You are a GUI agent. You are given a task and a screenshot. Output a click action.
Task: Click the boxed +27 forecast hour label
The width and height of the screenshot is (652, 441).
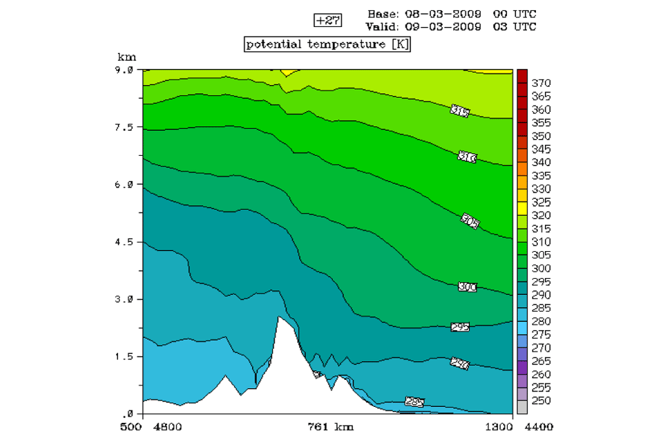point(327,20)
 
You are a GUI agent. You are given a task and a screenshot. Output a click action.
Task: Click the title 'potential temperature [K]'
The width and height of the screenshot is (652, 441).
point(327,44)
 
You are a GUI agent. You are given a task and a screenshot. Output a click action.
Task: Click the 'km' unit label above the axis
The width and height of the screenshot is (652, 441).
point(123,58)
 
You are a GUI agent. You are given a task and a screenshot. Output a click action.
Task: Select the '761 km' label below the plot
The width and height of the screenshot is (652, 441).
point(330,426)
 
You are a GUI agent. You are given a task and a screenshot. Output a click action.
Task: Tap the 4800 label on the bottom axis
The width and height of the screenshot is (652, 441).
point(169,426)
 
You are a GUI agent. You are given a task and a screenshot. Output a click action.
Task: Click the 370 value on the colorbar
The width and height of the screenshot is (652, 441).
point(542,84)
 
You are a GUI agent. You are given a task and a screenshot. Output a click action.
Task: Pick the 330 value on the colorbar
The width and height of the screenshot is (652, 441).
point(542,189)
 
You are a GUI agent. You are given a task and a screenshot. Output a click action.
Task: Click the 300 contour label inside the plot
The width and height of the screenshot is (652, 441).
point(467,286)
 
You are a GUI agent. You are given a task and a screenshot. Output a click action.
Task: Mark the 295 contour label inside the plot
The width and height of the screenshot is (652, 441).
point(460,327)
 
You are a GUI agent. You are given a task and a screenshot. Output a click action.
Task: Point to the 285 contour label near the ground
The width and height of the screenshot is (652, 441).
point(415,402)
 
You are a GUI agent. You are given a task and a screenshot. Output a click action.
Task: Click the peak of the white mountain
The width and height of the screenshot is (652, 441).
point(279,317)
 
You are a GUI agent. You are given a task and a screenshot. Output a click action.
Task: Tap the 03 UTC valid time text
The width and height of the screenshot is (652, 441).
point(514,26)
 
